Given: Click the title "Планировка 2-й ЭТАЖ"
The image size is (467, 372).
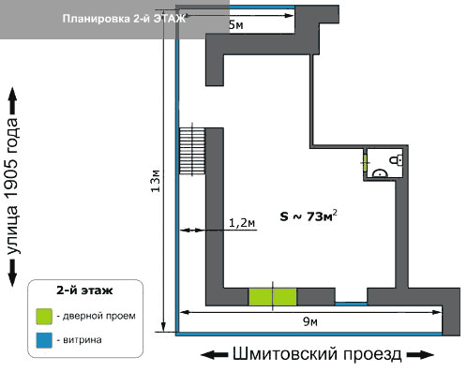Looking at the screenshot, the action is pos(124,19).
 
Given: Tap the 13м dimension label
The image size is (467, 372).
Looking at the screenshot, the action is pos(156,181).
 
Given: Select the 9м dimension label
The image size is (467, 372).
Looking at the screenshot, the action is pos(310,321).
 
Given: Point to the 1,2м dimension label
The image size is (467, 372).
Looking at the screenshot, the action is pos(242,223).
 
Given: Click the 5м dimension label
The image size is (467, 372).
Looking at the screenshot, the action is pos(236,25).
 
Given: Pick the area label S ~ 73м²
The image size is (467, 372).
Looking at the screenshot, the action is pos(309,216).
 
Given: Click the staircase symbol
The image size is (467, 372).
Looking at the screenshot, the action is pos(192,151).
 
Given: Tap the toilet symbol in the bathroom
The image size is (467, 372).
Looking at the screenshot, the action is pos(396,160).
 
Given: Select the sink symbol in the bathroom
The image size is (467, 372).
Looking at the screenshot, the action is pos(381,172).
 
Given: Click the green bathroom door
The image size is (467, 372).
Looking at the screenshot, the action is pos(365,163).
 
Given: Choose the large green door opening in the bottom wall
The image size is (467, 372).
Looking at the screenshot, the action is pos(273,296).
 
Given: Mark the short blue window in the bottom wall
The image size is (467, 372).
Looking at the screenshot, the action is pos(351,304).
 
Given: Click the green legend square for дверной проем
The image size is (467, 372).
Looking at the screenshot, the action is pos(44,317).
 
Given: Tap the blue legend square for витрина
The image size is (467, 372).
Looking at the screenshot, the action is pos(44,340).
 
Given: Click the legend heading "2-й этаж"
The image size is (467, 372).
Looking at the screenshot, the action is pos(84,290).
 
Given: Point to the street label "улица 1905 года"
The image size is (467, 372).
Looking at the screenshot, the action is pos(12,186).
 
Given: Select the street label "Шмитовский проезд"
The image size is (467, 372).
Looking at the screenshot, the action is pos(317,354).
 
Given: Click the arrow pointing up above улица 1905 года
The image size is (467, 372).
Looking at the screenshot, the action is pos(12,100).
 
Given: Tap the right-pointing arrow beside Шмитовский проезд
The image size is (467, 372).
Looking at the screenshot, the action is pos(420,355).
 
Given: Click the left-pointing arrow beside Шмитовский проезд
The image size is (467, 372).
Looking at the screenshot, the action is pos(214,355).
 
